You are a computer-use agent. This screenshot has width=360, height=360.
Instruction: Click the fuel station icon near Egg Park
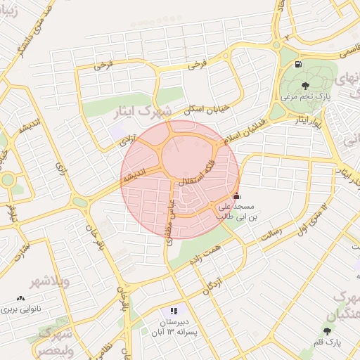[x=298, y=65]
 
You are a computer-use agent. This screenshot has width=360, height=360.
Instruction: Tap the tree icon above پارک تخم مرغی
[x=305, y=86]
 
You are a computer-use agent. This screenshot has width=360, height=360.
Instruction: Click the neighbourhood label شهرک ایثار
[x=138, y=111]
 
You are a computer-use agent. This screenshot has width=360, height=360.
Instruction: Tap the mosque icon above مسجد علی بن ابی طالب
[x=236, y=196]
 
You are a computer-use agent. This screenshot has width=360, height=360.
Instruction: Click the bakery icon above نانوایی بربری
[x=19, y=298]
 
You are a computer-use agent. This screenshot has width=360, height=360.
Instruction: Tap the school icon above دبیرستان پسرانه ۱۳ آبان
[x=174, y=311]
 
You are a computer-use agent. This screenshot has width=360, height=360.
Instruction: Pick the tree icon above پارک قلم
[x=328, y=330]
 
